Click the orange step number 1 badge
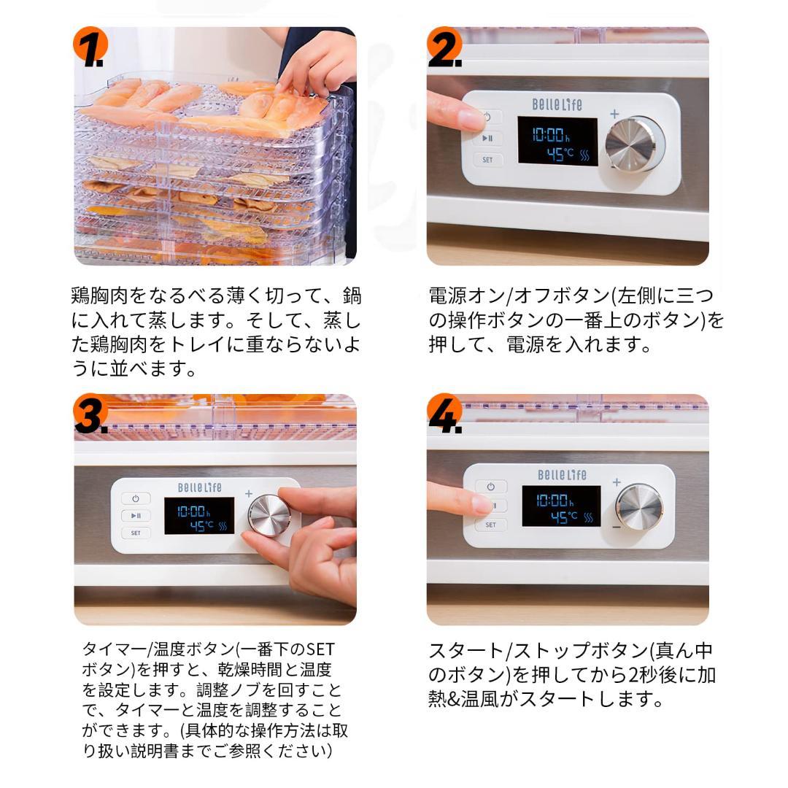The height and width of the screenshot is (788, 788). coord(90,47)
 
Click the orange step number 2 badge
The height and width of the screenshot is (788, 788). coord(444,47)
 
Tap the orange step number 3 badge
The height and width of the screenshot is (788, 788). coord(90,414)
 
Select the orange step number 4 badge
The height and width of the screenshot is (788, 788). coord(444,414)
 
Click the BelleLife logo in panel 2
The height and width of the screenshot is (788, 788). coord(557,104)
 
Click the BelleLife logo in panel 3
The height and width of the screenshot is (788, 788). coord(199,487)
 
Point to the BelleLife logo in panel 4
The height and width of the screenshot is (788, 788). coord(562,475)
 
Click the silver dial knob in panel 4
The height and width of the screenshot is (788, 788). coord(639,507)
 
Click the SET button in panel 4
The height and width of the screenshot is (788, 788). coord(490,525)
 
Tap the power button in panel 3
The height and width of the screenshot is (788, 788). coord(136,499)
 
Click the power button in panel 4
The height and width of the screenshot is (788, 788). coord(490,487)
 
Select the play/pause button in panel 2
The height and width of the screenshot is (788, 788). coord(487,138)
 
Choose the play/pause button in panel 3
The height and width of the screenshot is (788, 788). coord(136,516)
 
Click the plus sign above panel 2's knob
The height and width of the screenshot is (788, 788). coord(614,114)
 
